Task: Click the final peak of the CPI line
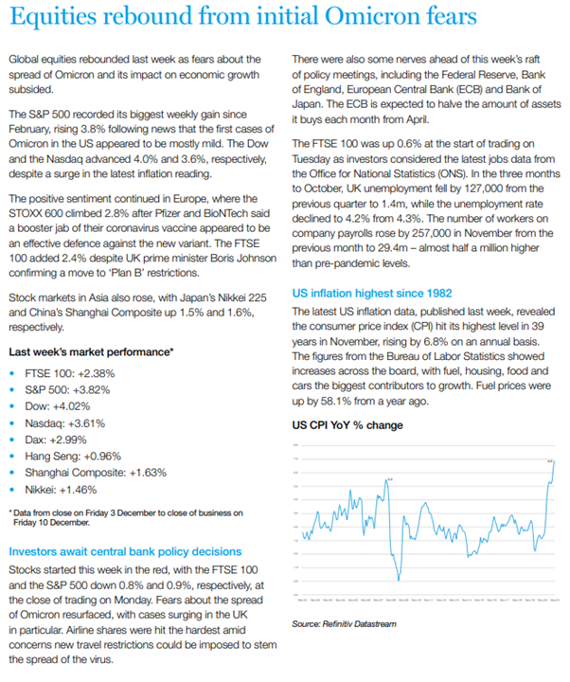(x=552, y=460)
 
